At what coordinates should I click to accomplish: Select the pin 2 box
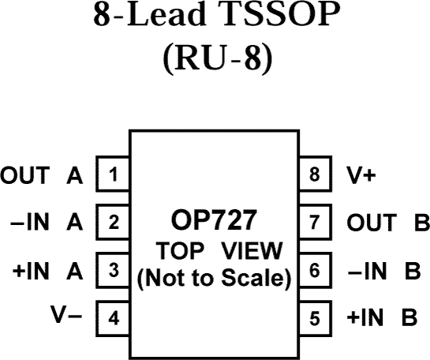click(113, 223)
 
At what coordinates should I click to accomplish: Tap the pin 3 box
click(113, 271)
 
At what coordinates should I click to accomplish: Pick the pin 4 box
click(113, 319)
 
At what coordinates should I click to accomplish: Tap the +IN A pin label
click(47, 272)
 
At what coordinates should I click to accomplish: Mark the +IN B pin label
click(382, 320)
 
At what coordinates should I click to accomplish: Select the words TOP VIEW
click(215, 252)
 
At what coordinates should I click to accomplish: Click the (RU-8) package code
click(215, 59)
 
